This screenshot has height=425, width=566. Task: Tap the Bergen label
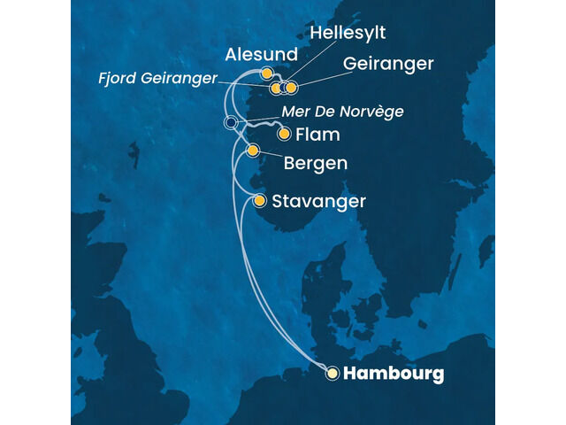[315, 165]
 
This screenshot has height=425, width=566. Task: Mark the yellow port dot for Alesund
[266, 73]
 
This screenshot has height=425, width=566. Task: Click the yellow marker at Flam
[285, 135]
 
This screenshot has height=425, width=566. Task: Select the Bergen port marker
[253, 151]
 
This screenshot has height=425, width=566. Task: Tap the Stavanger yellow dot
[260, 201]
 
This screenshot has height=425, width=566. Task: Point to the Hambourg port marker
[333, 374]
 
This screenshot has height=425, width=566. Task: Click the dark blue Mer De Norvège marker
[231, 123]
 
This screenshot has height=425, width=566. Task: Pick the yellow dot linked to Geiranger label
[291, 88]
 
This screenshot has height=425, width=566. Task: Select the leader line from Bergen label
[269, 156]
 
